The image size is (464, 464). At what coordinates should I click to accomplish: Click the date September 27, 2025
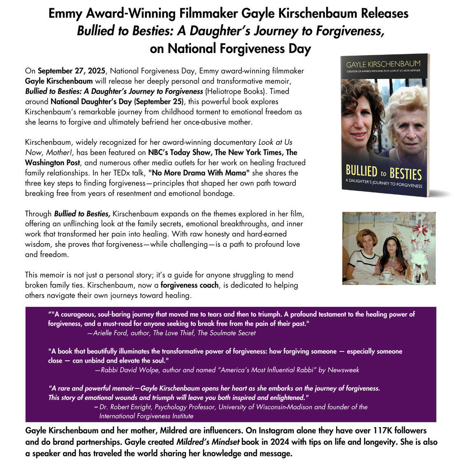[71, 71]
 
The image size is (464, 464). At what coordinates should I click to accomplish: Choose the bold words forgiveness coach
[190, 285]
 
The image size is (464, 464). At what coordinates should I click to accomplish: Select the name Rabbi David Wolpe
[130, 370]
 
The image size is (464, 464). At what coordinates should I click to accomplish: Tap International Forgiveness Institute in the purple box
[146, 416]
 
